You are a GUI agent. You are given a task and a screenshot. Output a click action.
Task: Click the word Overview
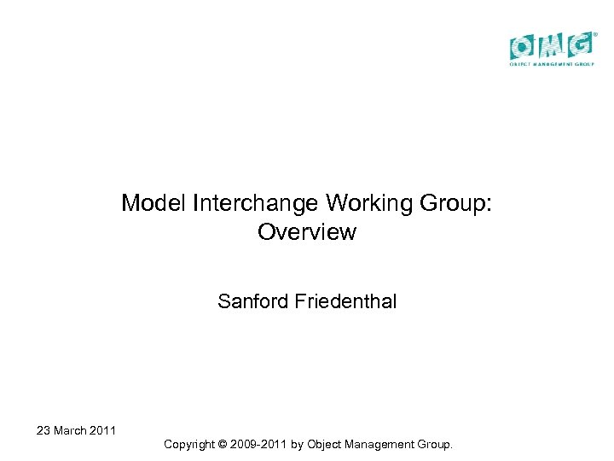(x=306, y=232)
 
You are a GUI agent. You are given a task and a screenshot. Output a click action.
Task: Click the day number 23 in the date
(x=43, y=430)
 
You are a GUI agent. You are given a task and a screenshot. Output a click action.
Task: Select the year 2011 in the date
(x=104, y=430)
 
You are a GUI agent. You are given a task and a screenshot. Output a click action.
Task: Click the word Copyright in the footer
(x=191, y=444)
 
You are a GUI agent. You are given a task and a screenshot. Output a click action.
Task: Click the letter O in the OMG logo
(x=523, y=45)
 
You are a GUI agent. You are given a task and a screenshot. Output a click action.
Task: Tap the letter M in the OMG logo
(x=551, y=45)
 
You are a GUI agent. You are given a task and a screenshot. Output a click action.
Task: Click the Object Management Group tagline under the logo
(x=552, y=64)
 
